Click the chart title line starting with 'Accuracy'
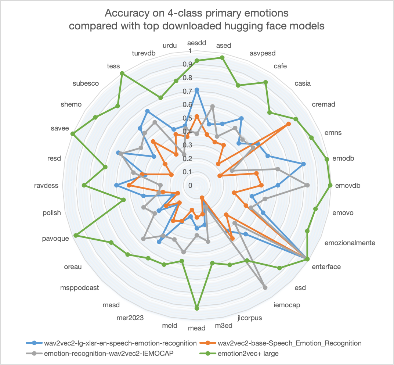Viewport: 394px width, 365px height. coord(196,14)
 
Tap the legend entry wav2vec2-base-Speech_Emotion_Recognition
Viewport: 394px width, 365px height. coord(289,343)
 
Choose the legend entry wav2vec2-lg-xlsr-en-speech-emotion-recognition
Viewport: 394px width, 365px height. coord(120,343)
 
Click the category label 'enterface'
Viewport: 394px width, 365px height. coord(326,266)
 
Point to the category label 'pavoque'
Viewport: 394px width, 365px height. coord(55,239)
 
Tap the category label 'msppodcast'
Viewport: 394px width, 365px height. coord(80,287)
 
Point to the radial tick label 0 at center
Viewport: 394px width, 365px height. coord(190,185)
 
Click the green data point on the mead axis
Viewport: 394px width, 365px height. coord(196,308)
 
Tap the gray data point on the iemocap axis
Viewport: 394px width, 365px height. coord(265,287)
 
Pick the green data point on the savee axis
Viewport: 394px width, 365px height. coord(73,133)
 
